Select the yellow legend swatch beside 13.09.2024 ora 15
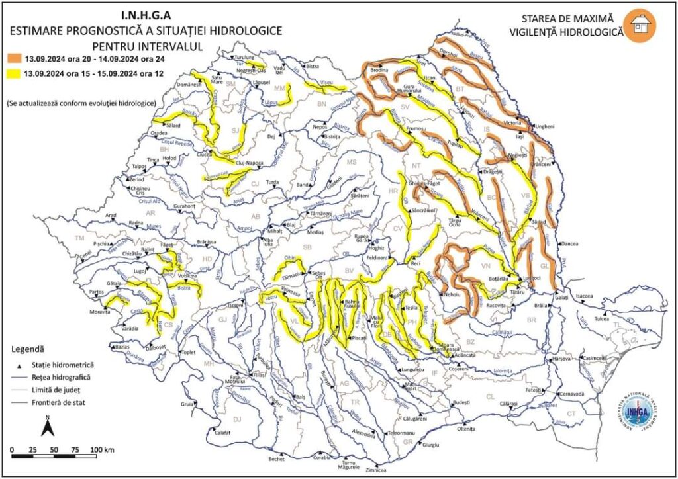pyautogui.click(x=13, y=74)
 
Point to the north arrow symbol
pyautogui.click(x=48, y=427)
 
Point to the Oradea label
pyautogui.click(x=159, y=132)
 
